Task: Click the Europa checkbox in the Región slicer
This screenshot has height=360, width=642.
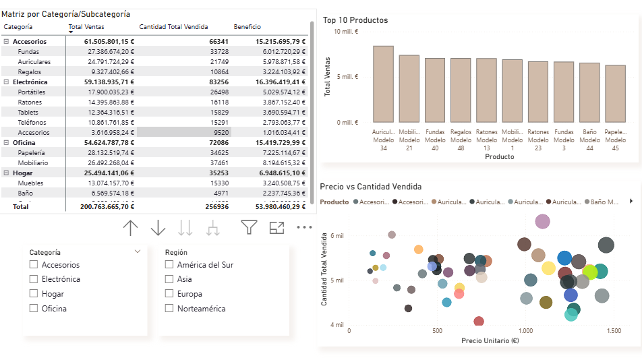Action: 169,294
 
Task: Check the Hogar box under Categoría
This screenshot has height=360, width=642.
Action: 34,294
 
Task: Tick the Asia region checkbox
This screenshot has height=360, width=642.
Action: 169,279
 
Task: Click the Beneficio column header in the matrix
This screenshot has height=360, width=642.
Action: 247,27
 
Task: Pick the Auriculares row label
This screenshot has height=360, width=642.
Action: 34,62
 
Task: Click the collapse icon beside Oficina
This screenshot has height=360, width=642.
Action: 6,143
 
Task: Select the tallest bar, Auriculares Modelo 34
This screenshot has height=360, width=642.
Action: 383,84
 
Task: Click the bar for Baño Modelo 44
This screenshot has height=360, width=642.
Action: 589,92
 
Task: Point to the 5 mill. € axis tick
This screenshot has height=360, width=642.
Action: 347,76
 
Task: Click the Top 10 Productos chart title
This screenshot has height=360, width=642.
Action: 355,20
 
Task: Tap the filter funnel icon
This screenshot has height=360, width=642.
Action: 250,228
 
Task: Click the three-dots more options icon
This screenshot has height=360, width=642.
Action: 305,228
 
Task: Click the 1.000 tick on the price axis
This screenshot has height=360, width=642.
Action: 525,331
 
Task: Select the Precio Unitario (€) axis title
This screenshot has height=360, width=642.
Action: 490,340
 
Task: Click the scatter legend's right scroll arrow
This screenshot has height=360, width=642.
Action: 631,201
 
